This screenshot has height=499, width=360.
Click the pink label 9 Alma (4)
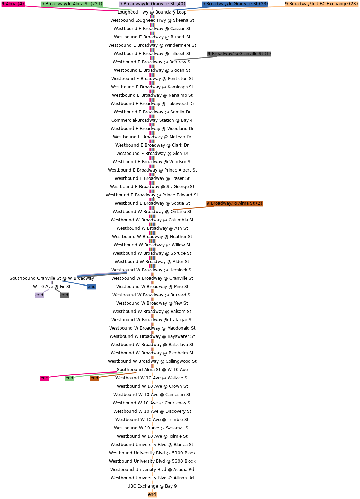pos(13,4)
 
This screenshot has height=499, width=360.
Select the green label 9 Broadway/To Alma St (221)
pos(72,4)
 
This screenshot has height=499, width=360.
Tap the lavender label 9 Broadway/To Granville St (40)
pos(152,4)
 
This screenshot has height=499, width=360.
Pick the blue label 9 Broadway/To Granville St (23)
pos(235,4)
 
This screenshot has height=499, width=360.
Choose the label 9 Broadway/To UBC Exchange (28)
pos(321,4)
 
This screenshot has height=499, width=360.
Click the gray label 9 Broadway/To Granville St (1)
pos(239,54)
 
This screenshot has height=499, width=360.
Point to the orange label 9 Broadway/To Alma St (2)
pos(234,203)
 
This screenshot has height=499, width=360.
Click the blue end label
pos(92,287)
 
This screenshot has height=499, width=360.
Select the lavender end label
pos(39,295)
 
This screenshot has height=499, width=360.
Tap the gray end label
pos(64,295)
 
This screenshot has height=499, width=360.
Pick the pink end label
pos(44,378)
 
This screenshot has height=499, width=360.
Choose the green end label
pos(69,378)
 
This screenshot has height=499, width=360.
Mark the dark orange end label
pos(94,378)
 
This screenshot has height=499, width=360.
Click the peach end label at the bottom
pos(152,494)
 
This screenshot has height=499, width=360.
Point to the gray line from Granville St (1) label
pos(191,58)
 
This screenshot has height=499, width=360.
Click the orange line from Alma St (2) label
pos(190,208)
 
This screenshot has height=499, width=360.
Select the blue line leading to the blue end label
pos(75,283)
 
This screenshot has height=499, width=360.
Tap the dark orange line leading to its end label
pos(118,375)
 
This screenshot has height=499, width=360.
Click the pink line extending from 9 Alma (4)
pos(69,8)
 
